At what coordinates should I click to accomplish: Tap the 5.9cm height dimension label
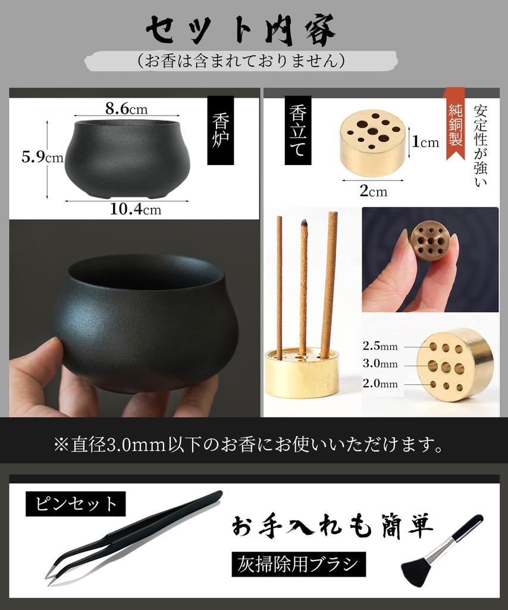tap(42, 157)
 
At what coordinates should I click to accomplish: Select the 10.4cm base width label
tap(135, 210)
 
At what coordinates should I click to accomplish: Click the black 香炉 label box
tap(220, 130)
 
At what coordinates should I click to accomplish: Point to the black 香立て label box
tap(297, 130)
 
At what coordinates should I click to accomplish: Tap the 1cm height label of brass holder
tap(426, 142)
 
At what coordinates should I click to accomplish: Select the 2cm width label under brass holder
tap(374, 191)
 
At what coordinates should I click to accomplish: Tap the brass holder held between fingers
tap(429, 241)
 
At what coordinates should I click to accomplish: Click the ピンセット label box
tap(76, 505)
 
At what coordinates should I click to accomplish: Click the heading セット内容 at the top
tap(241, 30)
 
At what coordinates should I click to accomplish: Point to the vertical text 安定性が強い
tap(481, 146)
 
